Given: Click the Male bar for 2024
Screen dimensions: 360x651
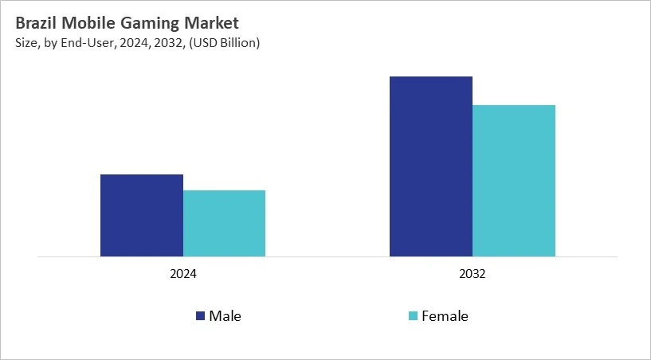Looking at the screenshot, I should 142,215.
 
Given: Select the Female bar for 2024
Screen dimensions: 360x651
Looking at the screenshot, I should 224,223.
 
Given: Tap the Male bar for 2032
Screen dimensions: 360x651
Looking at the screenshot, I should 431,166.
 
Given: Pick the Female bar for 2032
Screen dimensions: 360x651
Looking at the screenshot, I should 514,181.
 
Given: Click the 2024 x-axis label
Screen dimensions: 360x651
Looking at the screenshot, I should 183,273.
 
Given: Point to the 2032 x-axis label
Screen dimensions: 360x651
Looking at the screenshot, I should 473,273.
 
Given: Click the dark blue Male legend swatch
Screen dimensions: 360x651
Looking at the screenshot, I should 200,316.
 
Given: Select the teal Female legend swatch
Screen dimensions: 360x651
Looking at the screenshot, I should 412,316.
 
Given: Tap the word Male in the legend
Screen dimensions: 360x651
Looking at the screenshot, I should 225,316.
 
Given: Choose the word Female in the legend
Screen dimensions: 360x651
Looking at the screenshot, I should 445,316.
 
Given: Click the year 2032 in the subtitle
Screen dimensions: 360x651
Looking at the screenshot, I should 163,43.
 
